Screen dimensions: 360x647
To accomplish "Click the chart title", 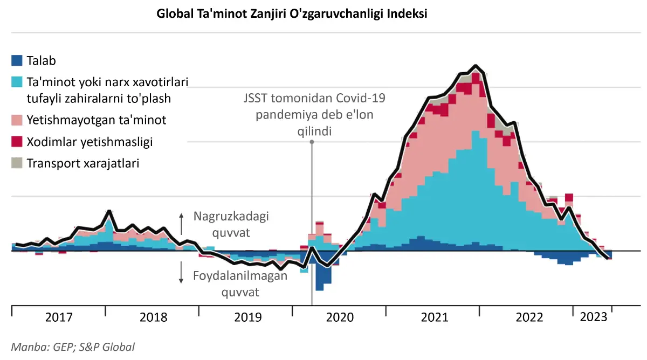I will pos(292,14).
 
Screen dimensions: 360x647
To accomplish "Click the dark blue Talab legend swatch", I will pos(17,61).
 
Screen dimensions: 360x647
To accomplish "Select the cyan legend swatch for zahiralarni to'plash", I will pos(17,82).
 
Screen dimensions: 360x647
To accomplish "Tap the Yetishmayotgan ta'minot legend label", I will pos(97,120).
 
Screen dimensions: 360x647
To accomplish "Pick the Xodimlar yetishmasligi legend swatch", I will pos(17,142).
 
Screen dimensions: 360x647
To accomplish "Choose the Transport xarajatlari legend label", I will pos(83,163).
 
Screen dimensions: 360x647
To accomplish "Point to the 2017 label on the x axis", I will pos(58,317).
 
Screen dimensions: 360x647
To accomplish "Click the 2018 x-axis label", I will pos(153,317).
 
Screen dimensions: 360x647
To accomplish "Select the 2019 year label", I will pos(247,317).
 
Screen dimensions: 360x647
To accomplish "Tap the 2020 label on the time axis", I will pos(340,317).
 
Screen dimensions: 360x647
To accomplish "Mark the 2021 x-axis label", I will pos(434,317).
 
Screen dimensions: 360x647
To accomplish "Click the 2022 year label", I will pos(529,317).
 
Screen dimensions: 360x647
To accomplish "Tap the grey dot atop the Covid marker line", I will pos(312,142).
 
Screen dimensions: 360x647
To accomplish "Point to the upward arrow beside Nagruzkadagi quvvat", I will pos(182,221).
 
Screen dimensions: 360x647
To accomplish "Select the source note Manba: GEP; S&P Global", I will pos(73,347).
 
